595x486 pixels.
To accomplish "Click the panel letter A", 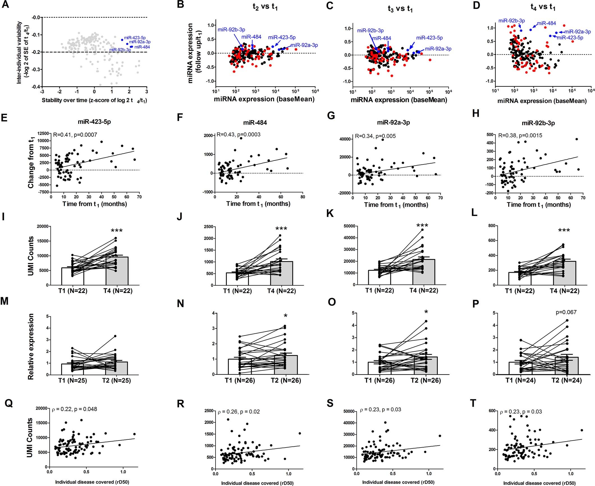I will click(5, 5).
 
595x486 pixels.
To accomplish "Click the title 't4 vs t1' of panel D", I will click(543, 7).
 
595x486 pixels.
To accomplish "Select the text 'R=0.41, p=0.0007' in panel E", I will click(75, 135).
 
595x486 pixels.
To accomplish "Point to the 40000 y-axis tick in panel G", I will click(345, 139).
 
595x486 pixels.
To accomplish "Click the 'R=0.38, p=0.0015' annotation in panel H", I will click(520, 136).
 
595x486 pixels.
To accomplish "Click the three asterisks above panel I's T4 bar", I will click(117, 231).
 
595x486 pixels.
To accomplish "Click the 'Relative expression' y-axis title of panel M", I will click(31, 347).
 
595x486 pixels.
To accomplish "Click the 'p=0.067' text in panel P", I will click(566, 312).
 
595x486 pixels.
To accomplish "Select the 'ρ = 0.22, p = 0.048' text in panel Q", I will click(74, 409).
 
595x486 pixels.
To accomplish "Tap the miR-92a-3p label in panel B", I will click(304, 45).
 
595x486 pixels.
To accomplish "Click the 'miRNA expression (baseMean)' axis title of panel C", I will click(399, 100).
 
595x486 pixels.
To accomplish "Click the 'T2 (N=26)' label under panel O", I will click(426, 380).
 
